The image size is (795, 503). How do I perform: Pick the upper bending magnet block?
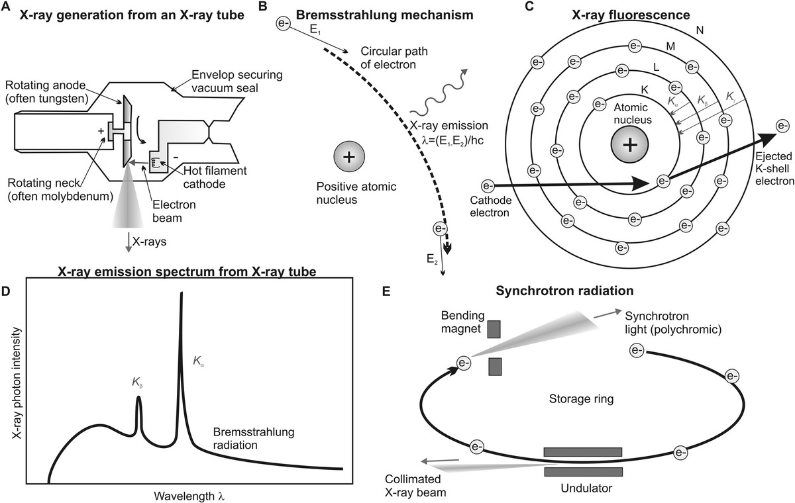point(494,329)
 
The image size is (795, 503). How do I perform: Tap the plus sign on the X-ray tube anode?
point(101,131)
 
